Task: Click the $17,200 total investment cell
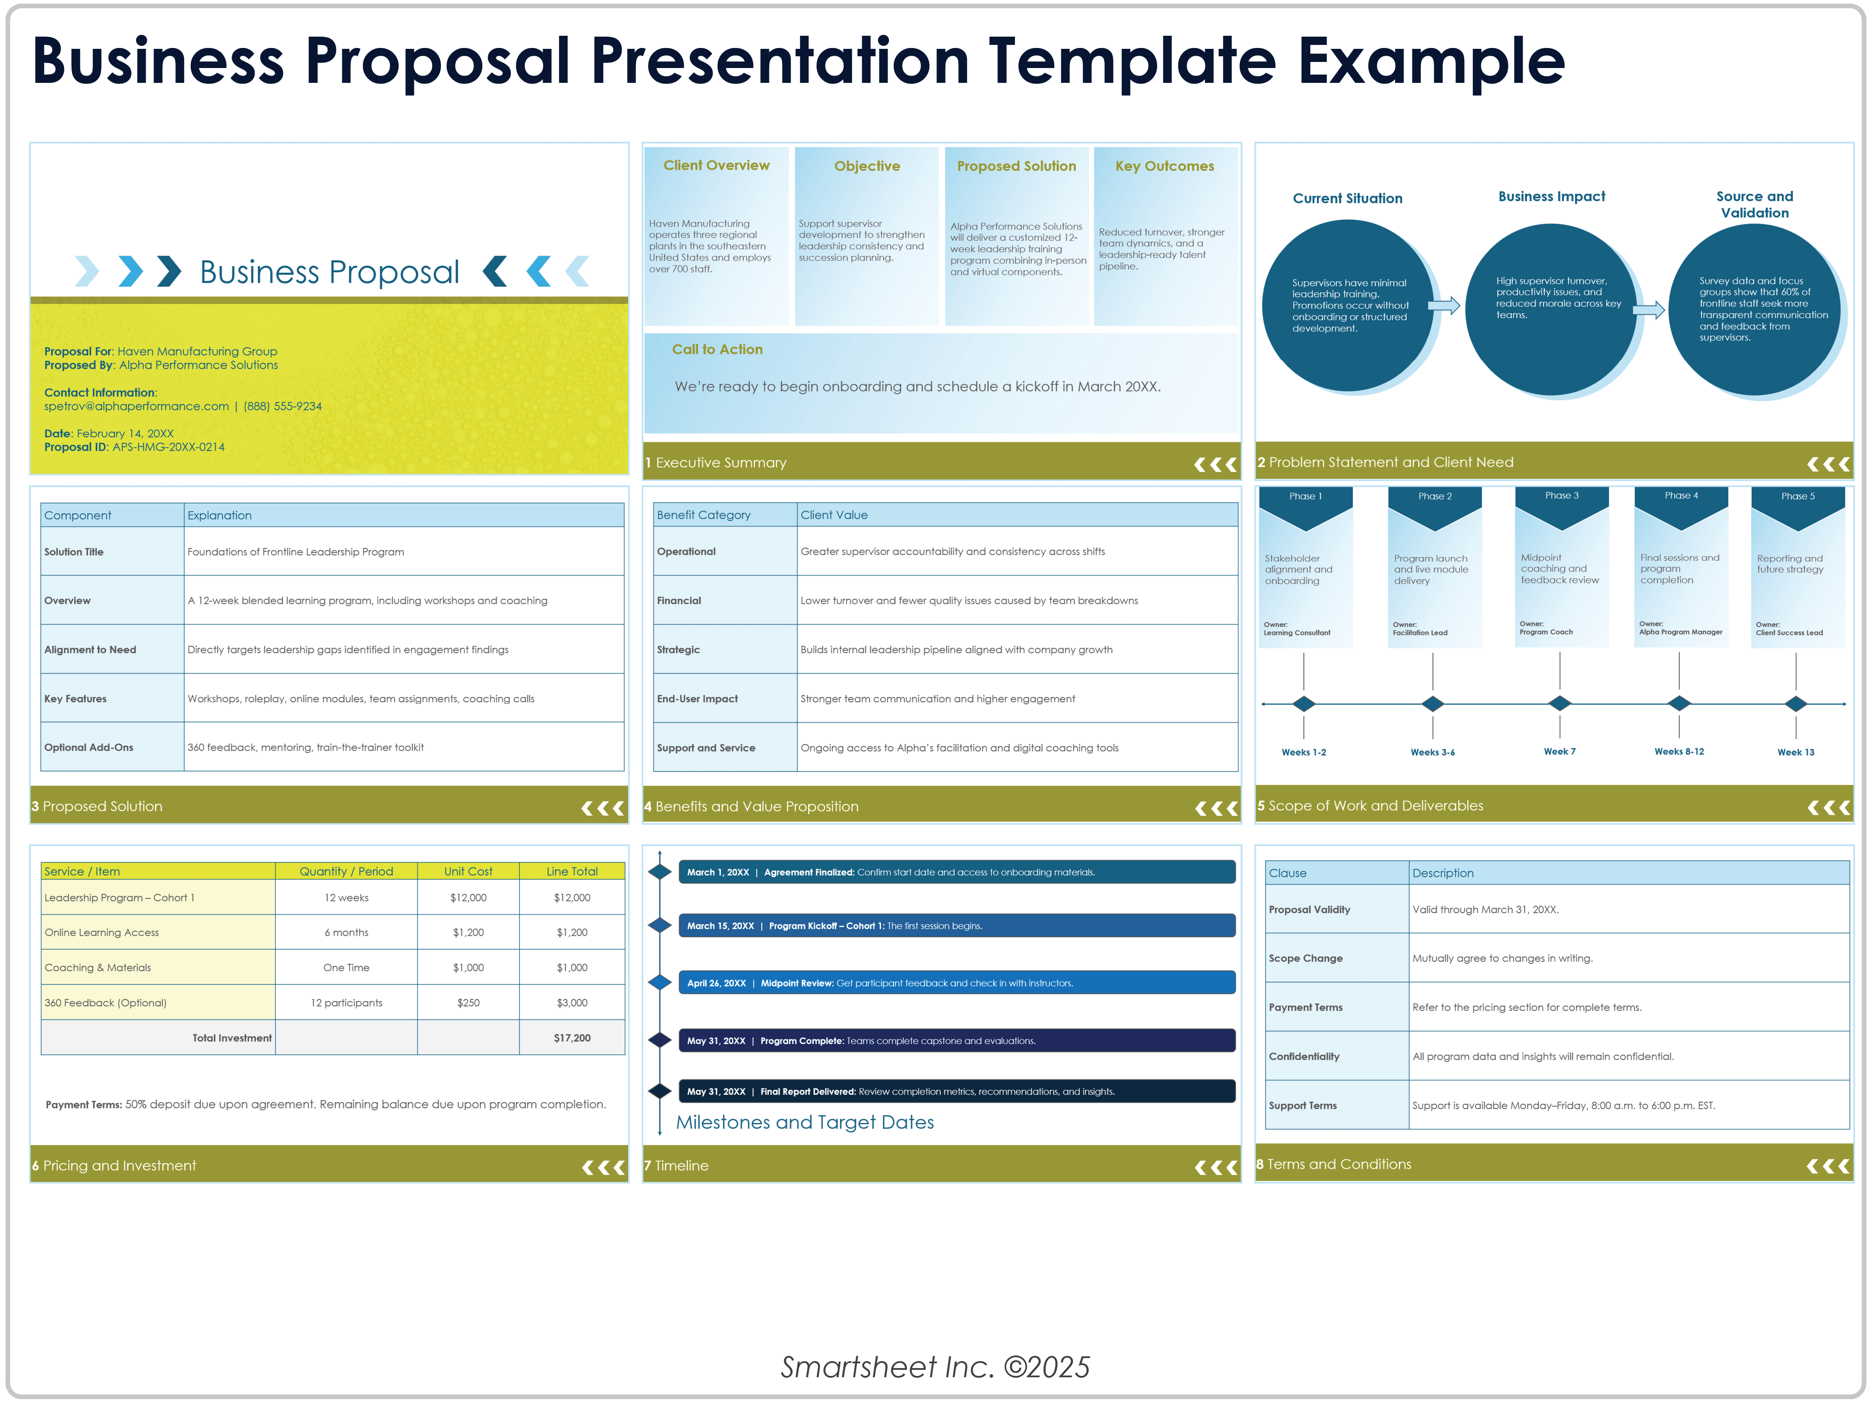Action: coord(572,1038)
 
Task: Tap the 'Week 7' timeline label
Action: coord(1560,751)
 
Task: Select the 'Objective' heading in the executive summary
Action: coord(867,166)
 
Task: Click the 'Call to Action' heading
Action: coord(717,349)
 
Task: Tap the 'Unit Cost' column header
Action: coord(468,871)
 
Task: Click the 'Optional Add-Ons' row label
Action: coord(89,747)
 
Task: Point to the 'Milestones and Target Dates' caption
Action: coord(805,1122)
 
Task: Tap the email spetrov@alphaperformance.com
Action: coord(136,406)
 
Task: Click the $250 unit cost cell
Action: coord(468,1003)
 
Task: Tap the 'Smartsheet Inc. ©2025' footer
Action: coord(935,1367)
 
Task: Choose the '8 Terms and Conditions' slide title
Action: coord(1334,1164)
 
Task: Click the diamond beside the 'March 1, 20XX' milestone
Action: coord(660,871)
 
